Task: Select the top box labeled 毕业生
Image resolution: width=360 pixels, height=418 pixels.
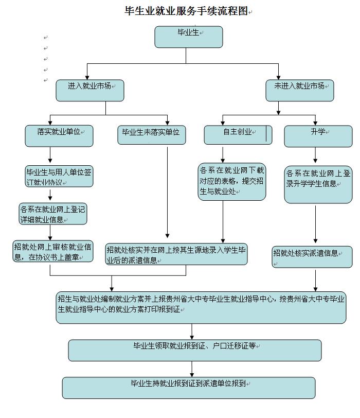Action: click(189, 37)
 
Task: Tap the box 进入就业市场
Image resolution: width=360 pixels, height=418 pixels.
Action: click(90, 90)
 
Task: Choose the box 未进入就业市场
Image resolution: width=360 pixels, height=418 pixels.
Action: click(299, 90)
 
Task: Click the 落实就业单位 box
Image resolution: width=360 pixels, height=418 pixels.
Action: click(58, 135)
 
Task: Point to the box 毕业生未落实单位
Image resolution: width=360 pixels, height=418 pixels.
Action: click(151, 135)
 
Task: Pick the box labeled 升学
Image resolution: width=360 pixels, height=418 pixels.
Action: click(318, 135)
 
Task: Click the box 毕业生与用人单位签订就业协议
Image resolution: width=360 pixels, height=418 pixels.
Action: click(59, 176)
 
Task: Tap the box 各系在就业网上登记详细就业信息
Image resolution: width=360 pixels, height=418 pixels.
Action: click(52, 214)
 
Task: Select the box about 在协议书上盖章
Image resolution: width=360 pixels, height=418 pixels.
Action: click(53, 252)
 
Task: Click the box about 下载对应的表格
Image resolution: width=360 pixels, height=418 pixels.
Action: click(232, 181)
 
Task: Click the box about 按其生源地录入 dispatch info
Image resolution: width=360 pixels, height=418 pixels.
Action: click(176, 254)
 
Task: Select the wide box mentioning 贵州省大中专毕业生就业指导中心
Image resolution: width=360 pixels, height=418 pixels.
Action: click(201, 308)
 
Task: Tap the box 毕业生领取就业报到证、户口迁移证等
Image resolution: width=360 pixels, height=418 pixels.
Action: click(194, 350)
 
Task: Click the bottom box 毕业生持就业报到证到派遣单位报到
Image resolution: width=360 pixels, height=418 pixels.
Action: click(188, 388)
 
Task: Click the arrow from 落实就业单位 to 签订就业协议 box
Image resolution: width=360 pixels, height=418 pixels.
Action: click(50, 155)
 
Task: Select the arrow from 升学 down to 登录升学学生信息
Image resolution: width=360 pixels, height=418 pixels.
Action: click(315, 155)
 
